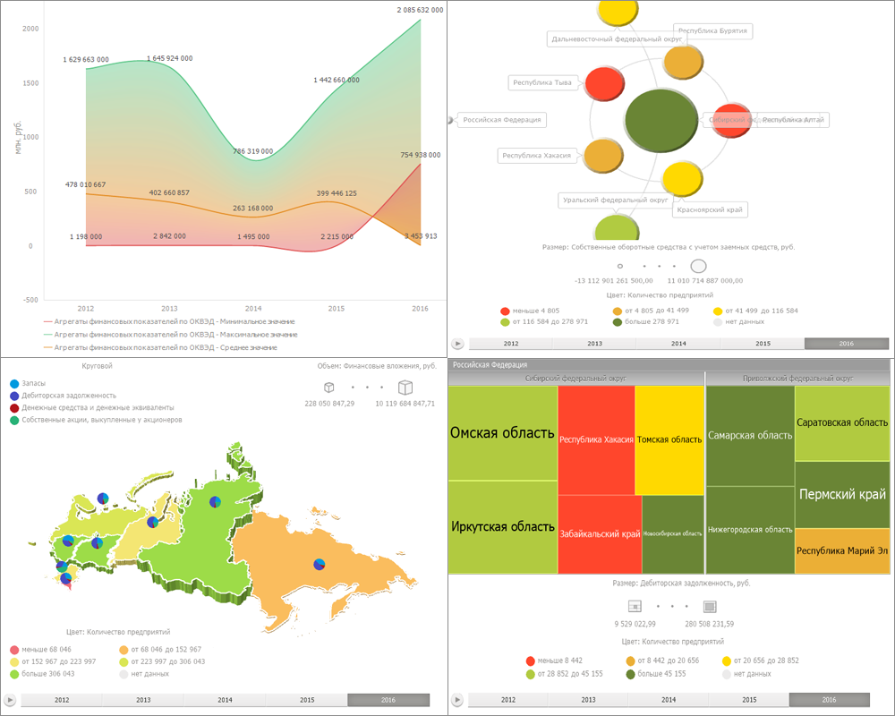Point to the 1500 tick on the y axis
click(30, 83)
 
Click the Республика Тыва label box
click(541, 83)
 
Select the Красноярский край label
click(712, 209)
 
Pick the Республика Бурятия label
click(712, 31)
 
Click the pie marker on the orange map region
click(320, 564)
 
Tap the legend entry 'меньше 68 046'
click(47, 649)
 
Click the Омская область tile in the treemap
click(502, 433)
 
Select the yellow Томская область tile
click(669, 439)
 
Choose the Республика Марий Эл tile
click(842, 550)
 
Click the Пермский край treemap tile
click(842, 494)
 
